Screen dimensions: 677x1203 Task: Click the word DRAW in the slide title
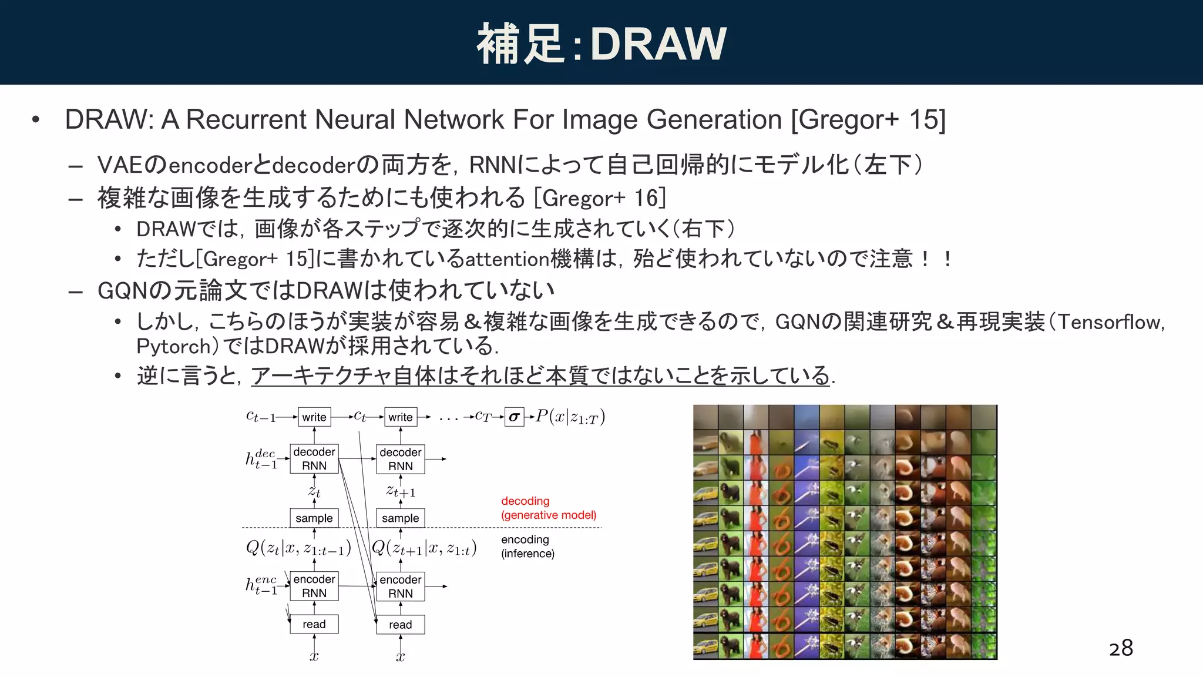pyautogui.click(x=658, y=44)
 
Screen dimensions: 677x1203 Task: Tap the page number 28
pyautogui.click(x=1121, y=648)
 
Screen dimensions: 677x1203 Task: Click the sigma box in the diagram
pyautogui.click(x=514, y=417)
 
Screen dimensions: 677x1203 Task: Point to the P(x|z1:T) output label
pyautogui.click(x=570, y=417)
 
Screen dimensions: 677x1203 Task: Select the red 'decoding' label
pyautogui.click(x=525, y=501)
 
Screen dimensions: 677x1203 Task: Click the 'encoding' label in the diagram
pyautogui.click(x=525, y=539)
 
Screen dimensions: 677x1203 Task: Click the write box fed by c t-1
pyautogui.click(x=314, y=417)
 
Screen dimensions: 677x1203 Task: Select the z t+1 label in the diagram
pyautogui.click(x=401, y=491)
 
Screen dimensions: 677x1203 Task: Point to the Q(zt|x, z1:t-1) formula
pyautogui.click(x=298, y=548)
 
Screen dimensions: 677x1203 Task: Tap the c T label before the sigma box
pyautogui.click(x=483, y=417)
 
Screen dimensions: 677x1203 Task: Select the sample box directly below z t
pyautogui.click(x=314, y=518)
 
